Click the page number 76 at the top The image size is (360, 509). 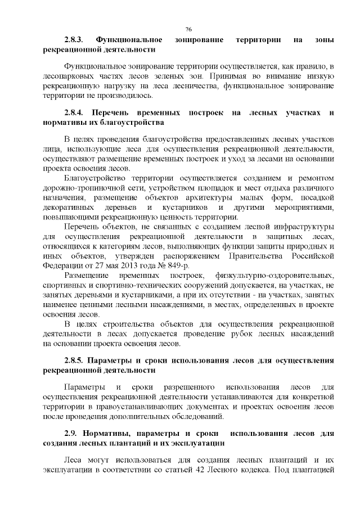188,28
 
